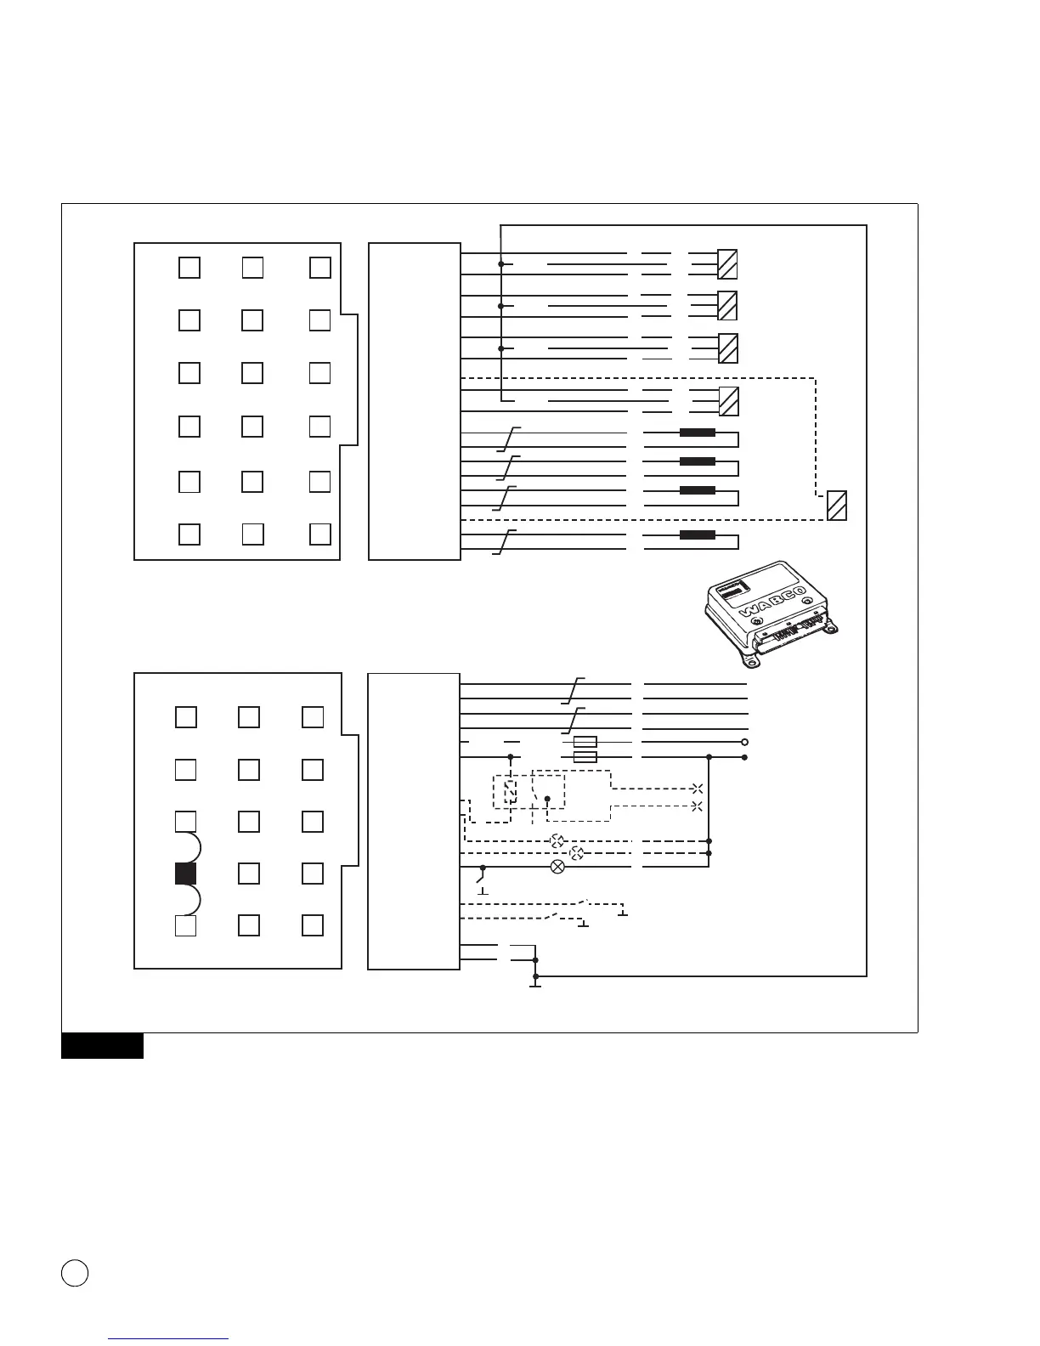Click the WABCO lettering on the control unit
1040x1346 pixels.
click(x=771, y=602)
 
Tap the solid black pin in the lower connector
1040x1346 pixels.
click(x=186, y=874)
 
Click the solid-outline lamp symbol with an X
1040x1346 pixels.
click(x=558, y=868)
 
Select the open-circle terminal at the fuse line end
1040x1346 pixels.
click(x=744, y=742)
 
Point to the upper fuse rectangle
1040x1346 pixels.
click(x=585, y=742)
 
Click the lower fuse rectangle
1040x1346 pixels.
click(x=585, y=756)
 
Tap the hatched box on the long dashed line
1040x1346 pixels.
click(x=837, y=506)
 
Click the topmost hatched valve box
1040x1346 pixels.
click(x=727, y=264)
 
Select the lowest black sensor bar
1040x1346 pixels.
click(x=698, y=535)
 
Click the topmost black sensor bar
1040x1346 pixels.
click(x=698, y=433)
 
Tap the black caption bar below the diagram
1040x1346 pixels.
click(x=102, y=1046)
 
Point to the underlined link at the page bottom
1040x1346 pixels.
click(x=169, y=1339)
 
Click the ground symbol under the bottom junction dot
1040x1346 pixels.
click(x=535, y=986)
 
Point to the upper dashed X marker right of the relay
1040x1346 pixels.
click(x=698, y=789)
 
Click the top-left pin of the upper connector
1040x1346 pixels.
click(x=189, y=267)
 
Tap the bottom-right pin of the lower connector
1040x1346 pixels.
click(x=313, y=925)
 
